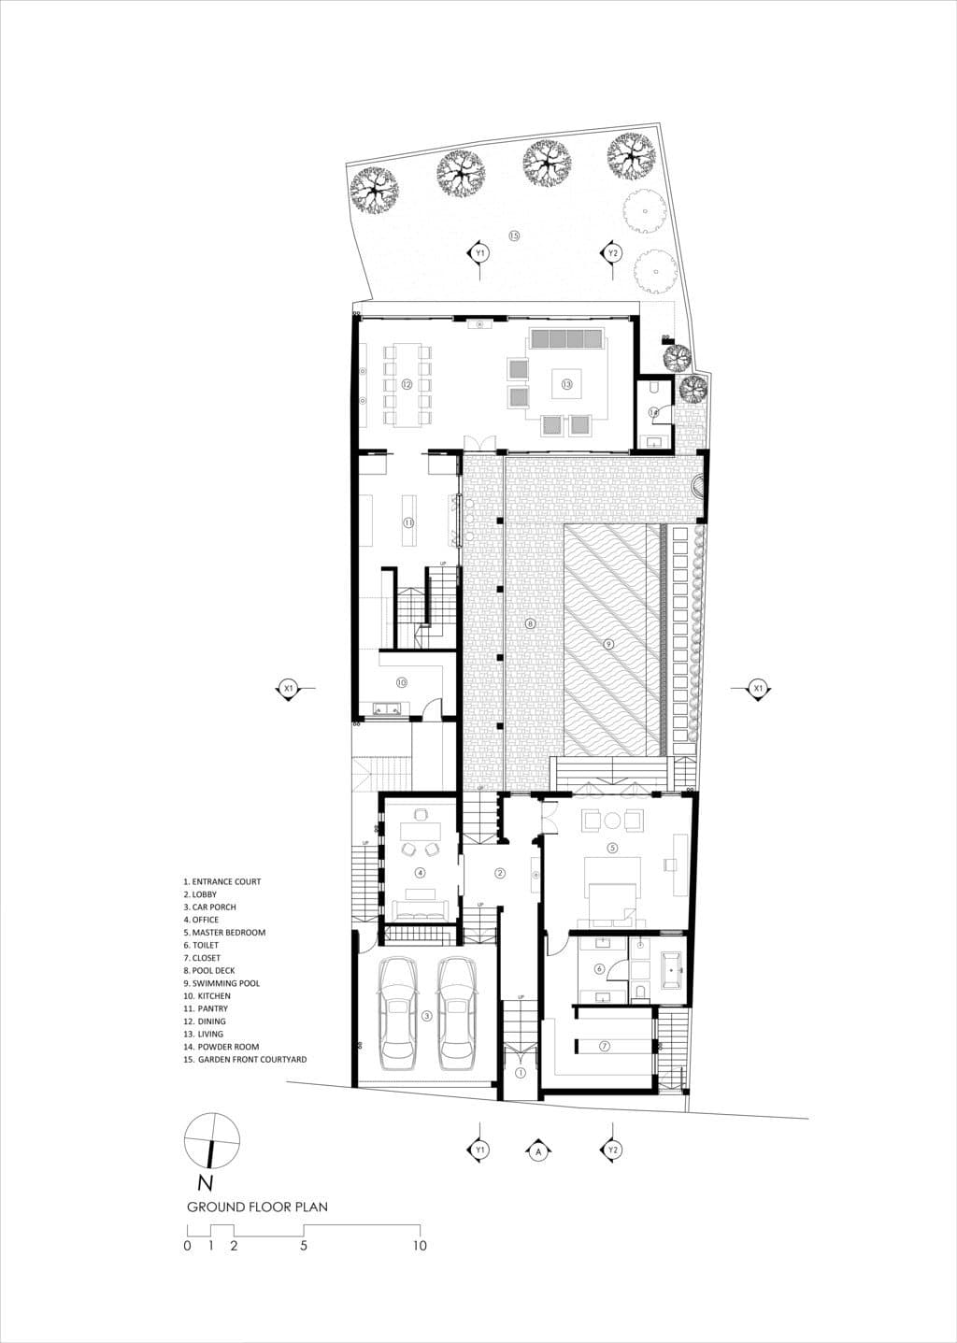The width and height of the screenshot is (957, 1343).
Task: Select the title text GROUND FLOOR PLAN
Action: tap(257, 1207)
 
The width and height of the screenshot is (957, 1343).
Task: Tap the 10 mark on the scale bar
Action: tap(420, 1245)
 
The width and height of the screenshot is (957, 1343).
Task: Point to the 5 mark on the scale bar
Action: tap(304, 1245)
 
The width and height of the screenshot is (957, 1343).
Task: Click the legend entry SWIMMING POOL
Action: tap(226, 983)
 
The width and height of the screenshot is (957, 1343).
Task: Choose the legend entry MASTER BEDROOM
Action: tap(229, 932)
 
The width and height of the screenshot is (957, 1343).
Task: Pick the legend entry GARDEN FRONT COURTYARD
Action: tap(249, 1060)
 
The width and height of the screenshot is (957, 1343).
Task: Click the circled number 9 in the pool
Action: tap(608, 643)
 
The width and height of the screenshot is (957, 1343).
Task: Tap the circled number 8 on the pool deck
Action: tap(530, 623)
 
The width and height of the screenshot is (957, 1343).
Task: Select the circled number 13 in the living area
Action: tap(566, 383)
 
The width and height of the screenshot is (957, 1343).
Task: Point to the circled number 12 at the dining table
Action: tap(407, 383)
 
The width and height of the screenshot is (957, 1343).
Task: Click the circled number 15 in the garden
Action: tap(514, 236)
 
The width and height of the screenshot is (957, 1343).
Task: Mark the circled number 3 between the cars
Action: tap(426, 1016)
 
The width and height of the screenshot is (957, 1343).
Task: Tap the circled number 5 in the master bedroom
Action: tap(612, 848)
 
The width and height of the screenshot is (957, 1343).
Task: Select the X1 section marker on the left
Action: tap(289, 689)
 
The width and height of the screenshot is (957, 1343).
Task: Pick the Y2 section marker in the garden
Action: tap(613, 253)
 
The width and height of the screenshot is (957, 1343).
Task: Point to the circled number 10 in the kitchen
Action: tap(400, 681)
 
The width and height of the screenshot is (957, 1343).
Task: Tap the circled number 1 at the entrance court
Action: tap(520, 1073)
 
